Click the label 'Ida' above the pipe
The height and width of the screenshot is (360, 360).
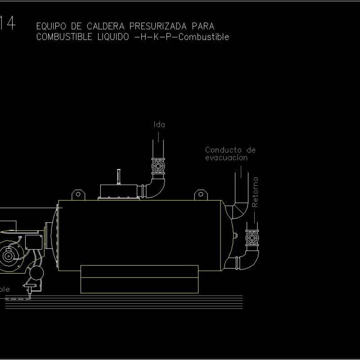point(159,125)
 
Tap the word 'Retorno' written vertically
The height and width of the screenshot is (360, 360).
point(255,192)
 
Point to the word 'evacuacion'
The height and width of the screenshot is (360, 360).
point(226,158)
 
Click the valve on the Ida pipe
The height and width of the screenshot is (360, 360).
point(158,166)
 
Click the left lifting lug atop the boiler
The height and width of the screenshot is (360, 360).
point(78,194)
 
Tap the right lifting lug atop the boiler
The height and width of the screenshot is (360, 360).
point(201,194)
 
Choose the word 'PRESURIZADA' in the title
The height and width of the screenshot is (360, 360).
point(159,27)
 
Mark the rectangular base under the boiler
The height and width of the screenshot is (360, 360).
point(139,279)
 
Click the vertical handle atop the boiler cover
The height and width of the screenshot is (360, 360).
point(119,176)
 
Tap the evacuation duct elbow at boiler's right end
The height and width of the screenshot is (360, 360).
point(237,209)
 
